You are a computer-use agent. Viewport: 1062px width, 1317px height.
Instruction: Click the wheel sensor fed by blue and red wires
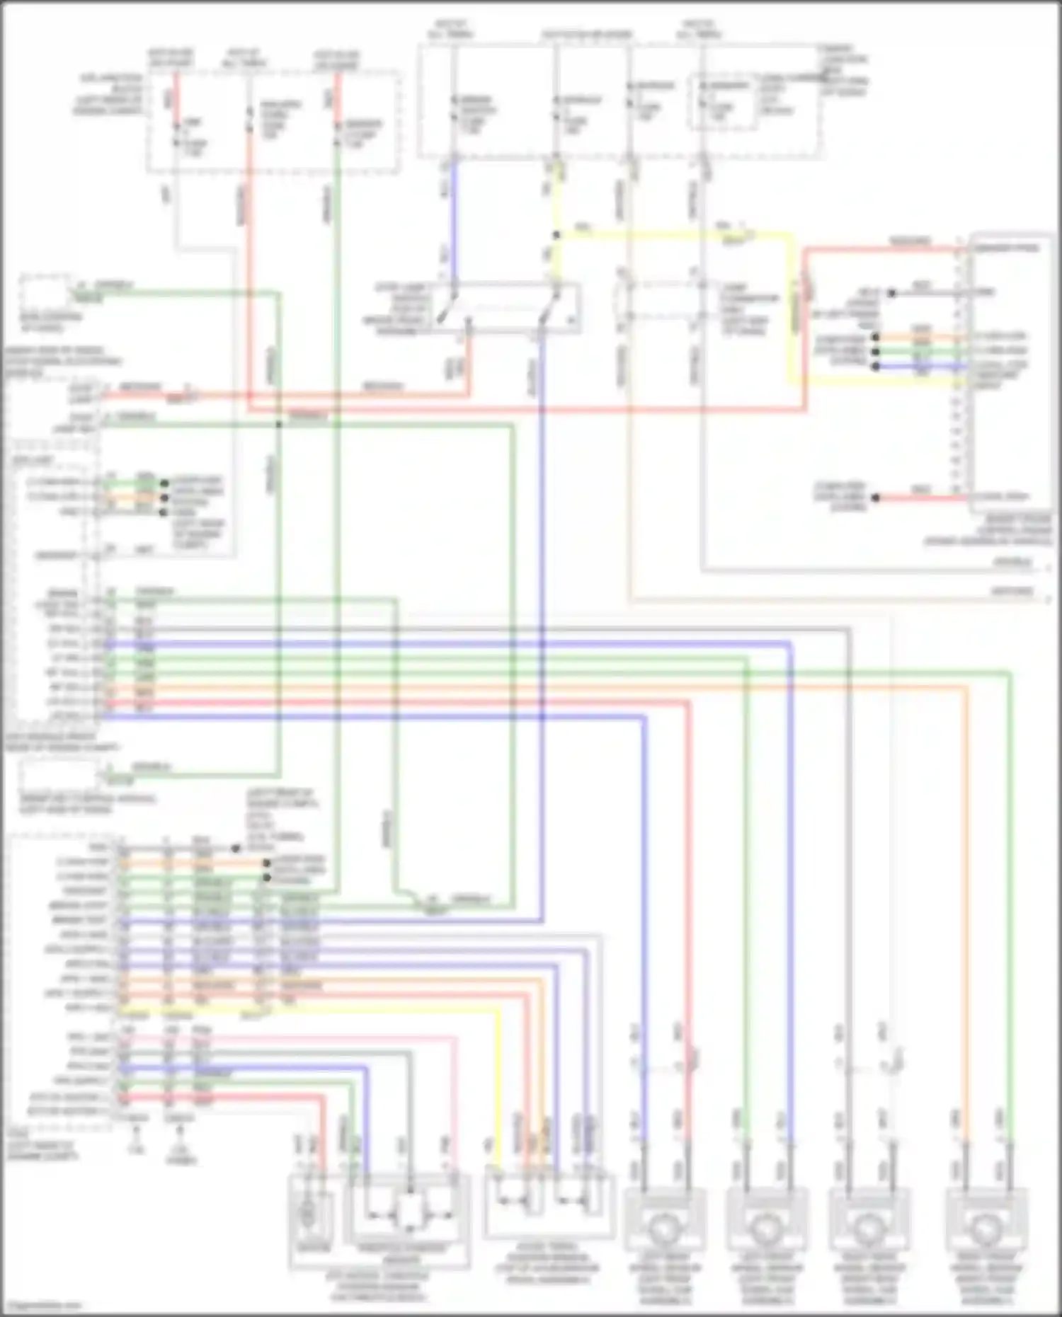(664, 1231)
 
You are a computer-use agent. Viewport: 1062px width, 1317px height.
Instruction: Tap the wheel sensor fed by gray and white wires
(867, 1231)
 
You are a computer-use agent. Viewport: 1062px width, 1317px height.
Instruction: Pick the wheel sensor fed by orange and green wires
(986, 1231)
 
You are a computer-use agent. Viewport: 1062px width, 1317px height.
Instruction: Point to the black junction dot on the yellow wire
(556, 235)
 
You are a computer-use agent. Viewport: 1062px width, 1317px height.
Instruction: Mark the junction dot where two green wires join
(279, 425)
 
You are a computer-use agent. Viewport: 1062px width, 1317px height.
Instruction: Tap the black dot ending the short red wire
(876, 498)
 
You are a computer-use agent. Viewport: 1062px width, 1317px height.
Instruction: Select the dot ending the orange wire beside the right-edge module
(876, 338)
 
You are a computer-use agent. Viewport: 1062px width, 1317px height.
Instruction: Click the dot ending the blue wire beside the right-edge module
(876, 367)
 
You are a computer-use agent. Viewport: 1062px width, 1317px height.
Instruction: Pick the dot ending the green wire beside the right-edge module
(876, 352)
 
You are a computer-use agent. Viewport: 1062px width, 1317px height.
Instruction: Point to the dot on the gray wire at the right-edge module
(892, 292)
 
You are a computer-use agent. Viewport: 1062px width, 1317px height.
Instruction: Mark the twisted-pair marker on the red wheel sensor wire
(692, 1059)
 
